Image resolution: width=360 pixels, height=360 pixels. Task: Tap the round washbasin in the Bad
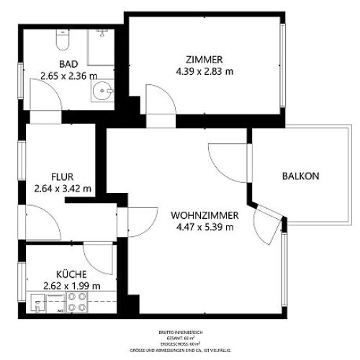tap(102, 91)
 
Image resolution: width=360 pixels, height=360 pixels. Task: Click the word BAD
tap(68, 63)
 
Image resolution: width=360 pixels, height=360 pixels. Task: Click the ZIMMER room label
tap(204, 60)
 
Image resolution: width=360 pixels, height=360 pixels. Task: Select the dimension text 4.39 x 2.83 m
tap(204, 71)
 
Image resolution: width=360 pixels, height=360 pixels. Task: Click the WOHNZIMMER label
tap(204, 215)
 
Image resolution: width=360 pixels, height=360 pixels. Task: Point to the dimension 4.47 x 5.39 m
tap(204, 227)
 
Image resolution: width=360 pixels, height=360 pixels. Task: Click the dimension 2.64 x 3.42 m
tap(63, 189)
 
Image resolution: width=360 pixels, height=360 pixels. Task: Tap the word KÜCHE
tap(71, 274)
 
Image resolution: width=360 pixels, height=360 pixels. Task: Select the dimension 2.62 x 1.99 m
tap(71, 285)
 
